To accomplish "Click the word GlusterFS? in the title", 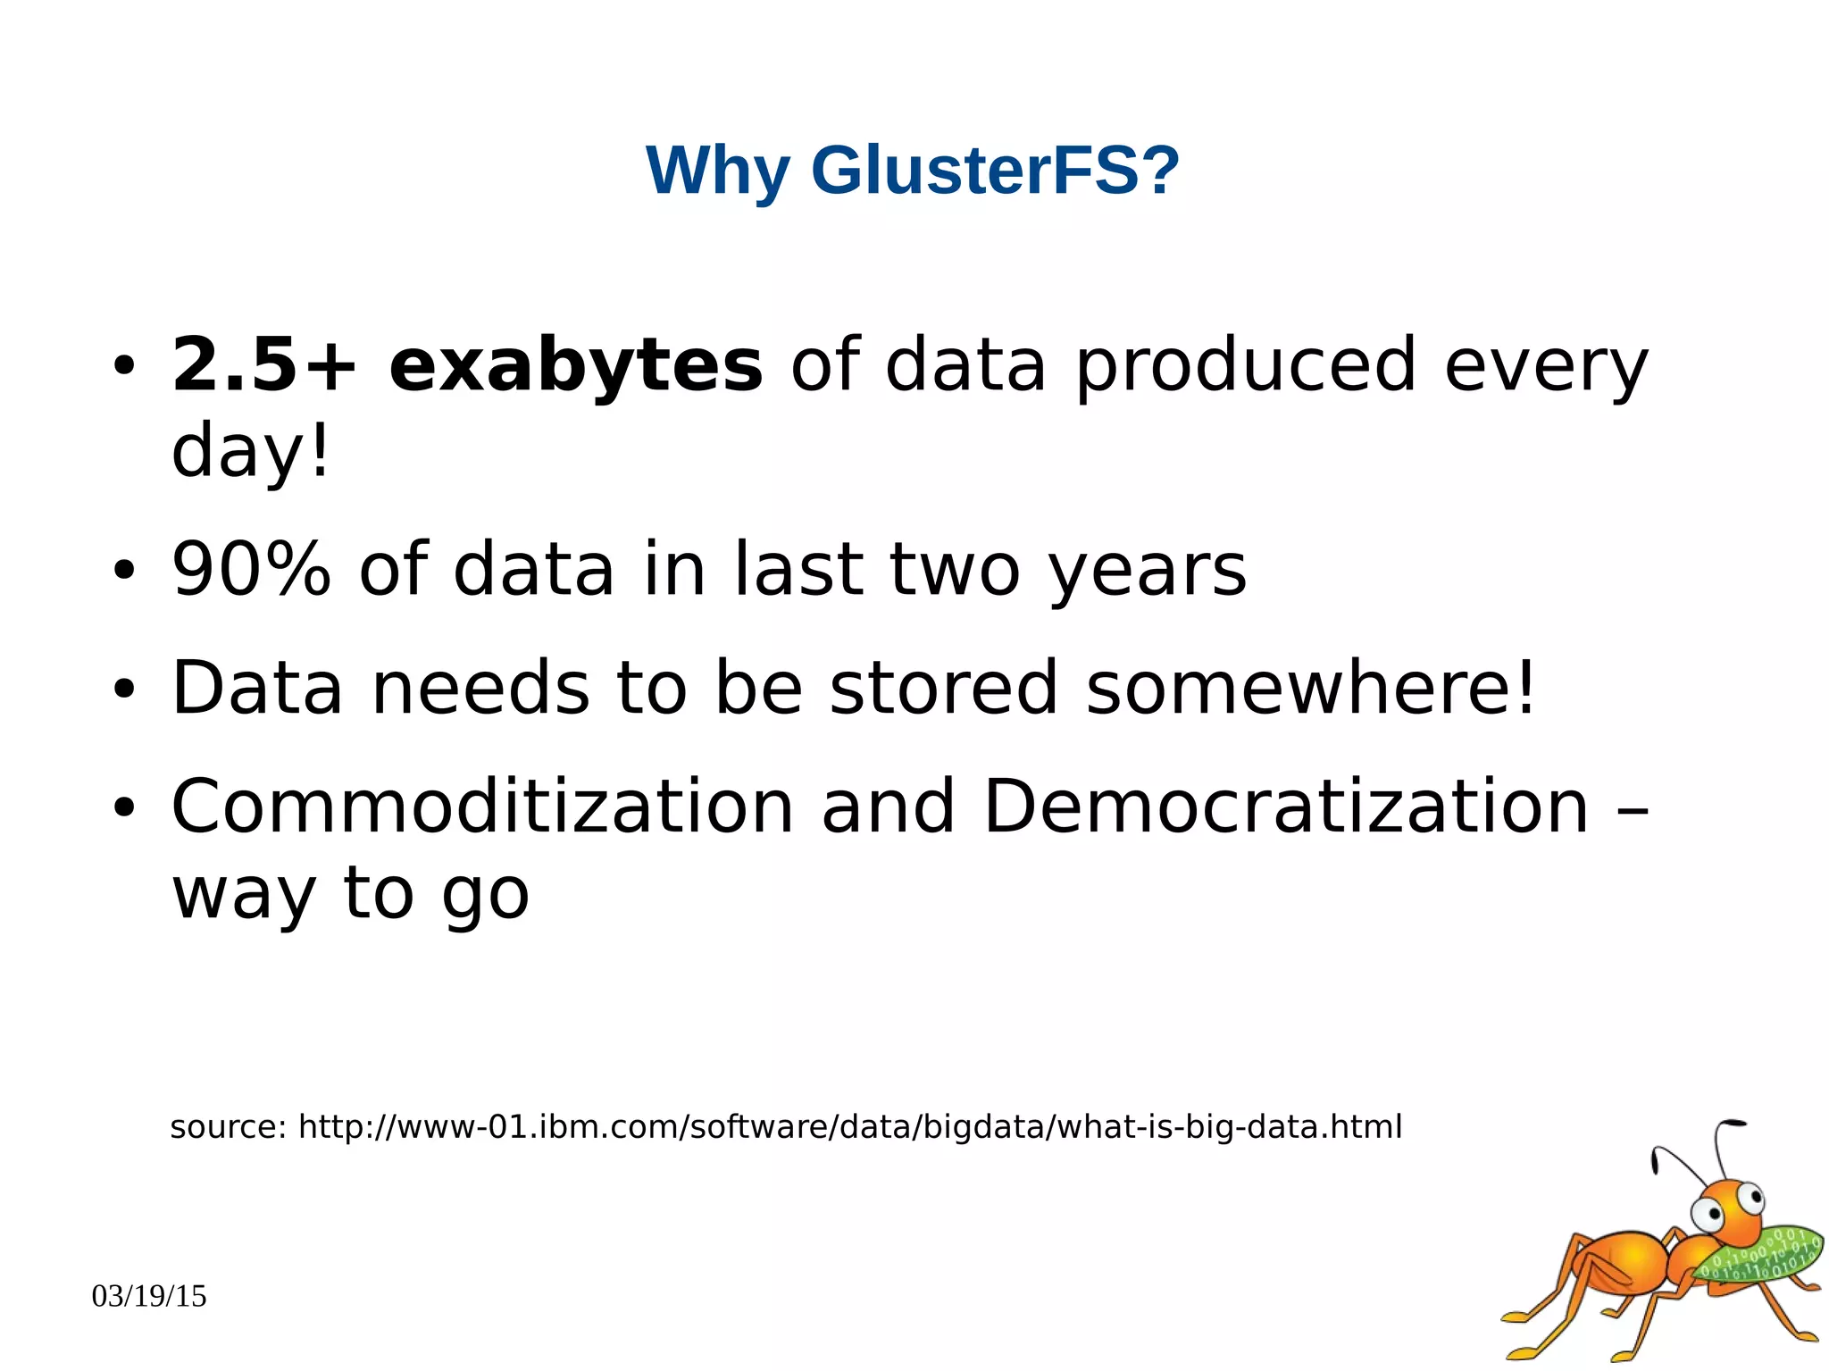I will tap(995, 170).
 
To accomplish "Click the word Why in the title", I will tap(718, 171).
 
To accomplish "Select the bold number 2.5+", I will tap(264, 364).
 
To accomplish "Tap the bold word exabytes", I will tap(576, 366).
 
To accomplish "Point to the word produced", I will tap(1245, 366).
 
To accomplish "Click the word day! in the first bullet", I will tap(250, 451).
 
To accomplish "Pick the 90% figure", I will tap(251, 569).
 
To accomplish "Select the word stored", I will tap(943, 688).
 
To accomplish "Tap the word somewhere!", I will tap(1311, 688).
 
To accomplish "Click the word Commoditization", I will tap(482, 806).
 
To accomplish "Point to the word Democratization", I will tap(1286, 806).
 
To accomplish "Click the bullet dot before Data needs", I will tap(124, 690).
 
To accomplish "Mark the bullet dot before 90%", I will tap(124, 571).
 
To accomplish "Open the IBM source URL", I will tap(849, 1127).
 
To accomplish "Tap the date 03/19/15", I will tap(149, 1296).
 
